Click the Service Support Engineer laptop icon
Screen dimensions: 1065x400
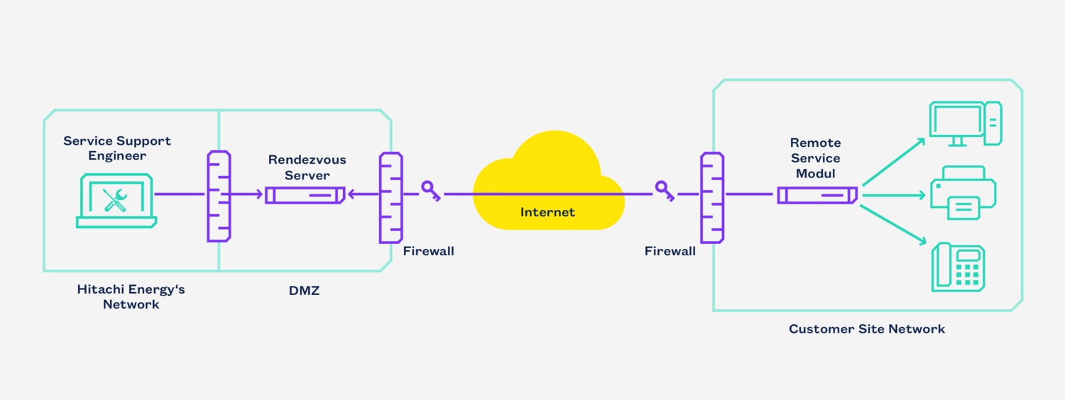116,201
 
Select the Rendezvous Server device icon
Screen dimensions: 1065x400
305,195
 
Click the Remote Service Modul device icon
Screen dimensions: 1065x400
817,195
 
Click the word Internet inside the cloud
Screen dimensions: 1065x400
547,212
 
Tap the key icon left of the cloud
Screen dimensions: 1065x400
431,191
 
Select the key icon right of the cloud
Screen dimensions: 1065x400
665,191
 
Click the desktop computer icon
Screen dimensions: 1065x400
965,123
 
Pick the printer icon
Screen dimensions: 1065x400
963,193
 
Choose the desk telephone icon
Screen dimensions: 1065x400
958,267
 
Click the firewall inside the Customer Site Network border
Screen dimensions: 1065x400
712,198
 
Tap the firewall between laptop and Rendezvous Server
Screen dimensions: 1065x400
219,196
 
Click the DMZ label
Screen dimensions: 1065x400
305,290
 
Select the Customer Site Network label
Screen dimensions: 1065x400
867,329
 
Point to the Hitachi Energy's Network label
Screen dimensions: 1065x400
131,297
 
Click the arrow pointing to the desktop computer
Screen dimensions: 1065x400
894,162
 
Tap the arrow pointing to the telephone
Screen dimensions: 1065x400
893,226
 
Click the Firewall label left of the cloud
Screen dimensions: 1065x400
428,251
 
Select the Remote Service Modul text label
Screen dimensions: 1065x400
815,158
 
